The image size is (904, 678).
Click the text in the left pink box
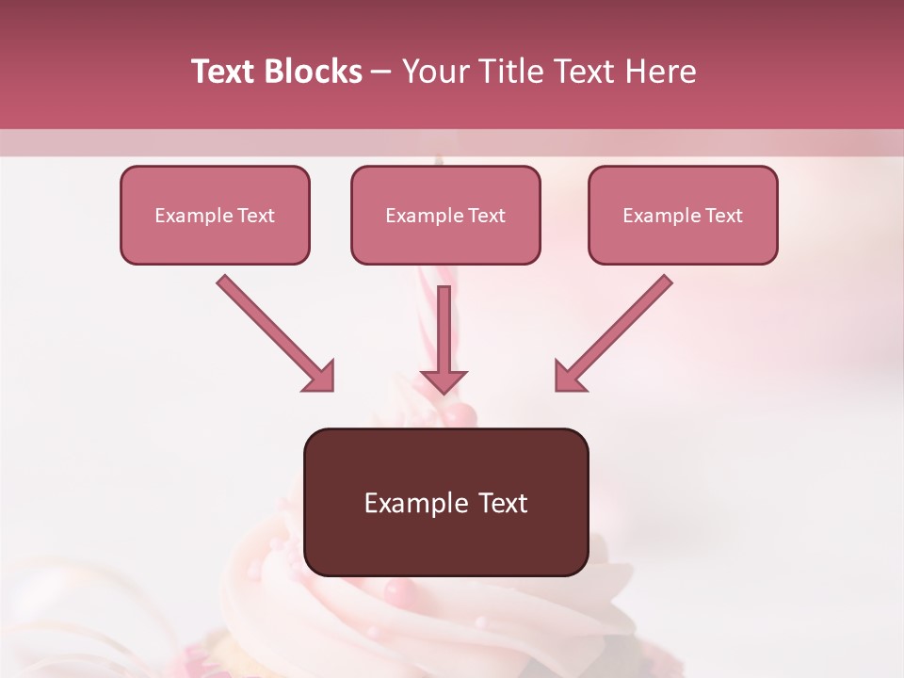[215, 216]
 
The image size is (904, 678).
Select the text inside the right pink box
[683, 216]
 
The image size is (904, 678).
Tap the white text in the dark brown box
[445, 503]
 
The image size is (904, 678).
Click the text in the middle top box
[445, 216]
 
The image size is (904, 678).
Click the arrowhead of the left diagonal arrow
[320, 377]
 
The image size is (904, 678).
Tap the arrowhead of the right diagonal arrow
[569, 377]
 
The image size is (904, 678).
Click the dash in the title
[382, 73]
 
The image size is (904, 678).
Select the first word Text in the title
[222, 72]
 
